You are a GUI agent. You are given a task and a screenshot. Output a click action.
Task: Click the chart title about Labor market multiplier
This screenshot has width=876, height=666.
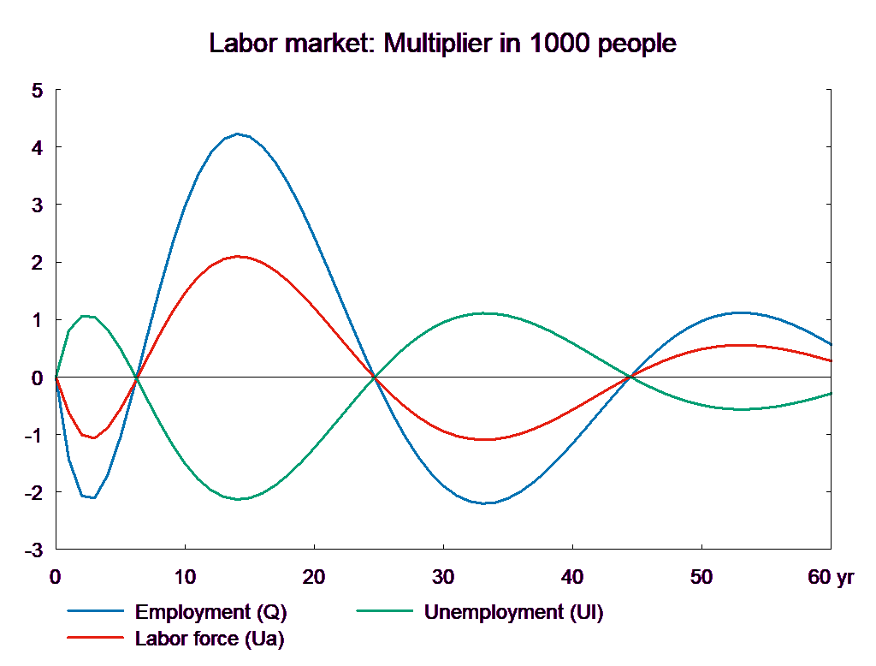[x=443, y=43]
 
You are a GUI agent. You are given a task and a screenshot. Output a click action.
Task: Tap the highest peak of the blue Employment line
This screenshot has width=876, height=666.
[x=238, y=134]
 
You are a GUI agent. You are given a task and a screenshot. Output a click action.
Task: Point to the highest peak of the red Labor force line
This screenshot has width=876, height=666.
[x=239, y=256]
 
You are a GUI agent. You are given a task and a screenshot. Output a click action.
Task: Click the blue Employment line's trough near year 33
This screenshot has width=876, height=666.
[x=484, y=503]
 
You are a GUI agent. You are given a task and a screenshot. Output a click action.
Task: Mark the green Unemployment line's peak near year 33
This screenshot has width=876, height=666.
[x=484, y=313]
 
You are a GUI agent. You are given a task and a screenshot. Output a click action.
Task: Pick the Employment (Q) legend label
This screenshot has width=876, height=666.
[x=210, y=612]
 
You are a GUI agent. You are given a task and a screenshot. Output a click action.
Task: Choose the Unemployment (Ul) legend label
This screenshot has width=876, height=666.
[x=513, y=612]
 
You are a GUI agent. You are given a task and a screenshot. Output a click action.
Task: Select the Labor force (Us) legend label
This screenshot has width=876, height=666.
[x=210, y=638]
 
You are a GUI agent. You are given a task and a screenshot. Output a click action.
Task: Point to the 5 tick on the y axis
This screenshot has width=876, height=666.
[x=37, y=91]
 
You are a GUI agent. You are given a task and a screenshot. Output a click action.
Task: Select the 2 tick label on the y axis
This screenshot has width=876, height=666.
[x=37, y=263]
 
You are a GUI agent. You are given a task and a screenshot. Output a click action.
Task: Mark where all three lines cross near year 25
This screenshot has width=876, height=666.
[x=374, y=377]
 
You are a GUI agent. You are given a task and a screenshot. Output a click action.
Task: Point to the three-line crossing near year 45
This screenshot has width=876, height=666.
[x=631, y=377]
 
